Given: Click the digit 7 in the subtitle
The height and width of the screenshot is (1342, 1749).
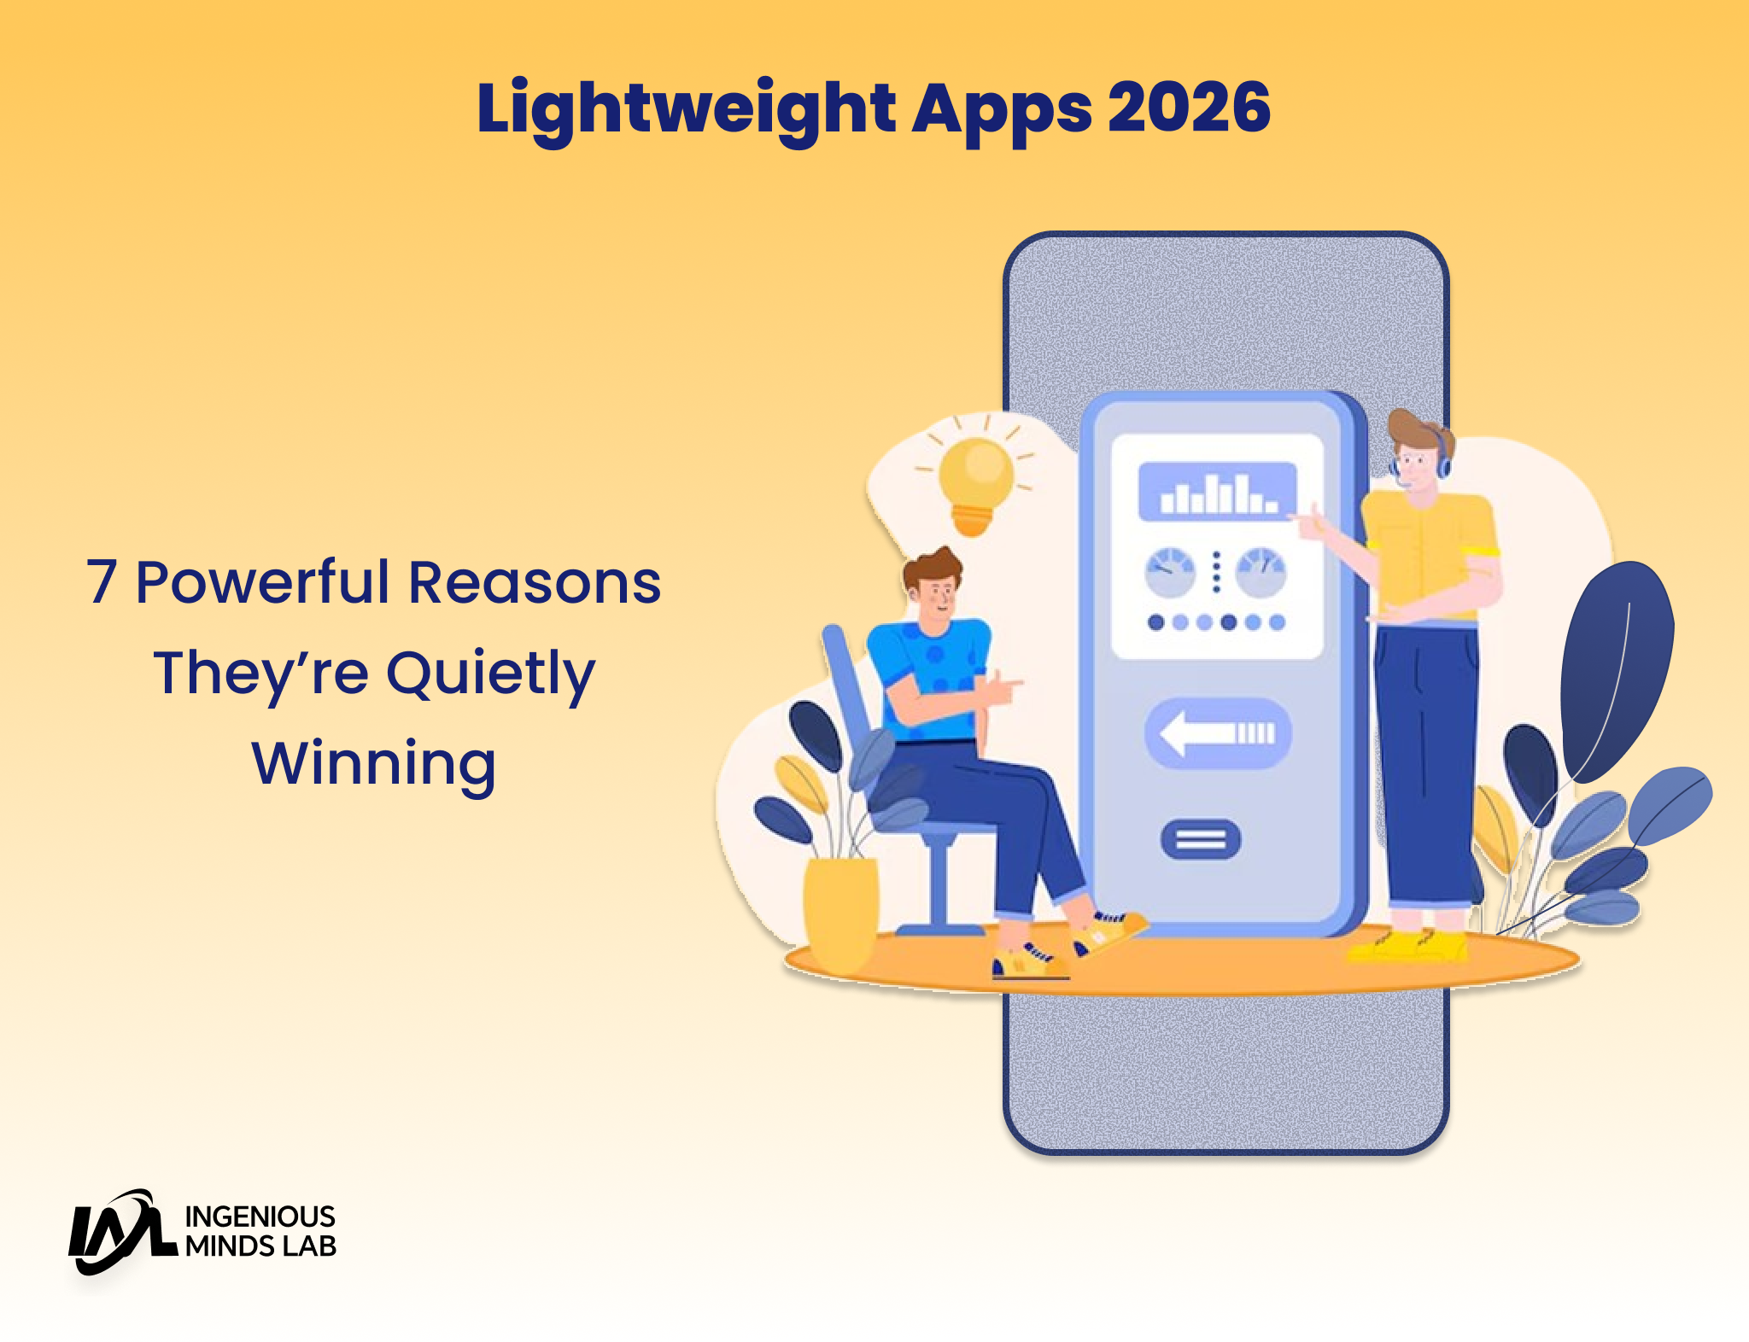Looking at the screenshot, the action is pos(102,582).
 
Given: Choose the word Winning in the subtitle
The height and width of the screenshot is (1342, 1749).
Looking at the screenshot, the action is pos(374,765).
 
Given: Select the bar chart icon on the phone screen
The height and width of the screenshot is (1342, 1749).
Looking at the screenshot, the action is pos(1218,492).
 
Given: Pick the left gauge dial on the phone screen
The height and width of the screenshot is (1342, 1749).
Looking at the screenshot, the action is pos(1170,573).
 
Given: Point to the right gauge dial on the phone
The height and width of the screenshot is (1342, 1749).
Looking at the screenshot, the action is pos(1261,573).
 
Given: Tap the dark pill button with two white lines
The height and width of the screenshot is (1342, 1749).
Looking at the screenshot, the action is pos(1201,839).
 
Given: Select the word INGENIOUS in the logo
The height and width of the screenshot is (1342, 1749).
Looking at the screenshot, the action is pos(260,1217).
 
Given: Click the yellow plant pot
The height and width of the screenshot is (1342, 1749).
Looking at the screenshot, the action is pos(841,913).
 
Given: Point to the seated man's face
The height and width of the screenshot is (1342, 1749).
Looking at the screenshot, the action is pos(937,595).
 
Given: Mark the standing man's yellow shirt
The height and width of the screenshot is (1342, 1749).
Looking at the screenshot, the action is pos(1428,554).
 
